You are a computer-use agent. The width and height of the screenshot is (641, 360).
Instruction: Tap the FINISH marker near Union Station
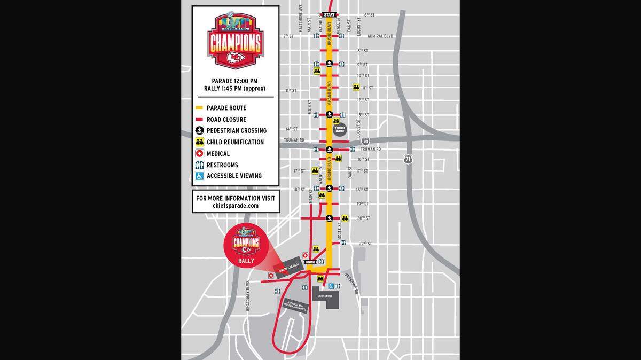(x=310, y=262)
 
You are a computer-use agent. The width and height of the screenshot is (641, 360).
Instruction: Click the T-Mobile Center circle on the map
(x=340, y=129)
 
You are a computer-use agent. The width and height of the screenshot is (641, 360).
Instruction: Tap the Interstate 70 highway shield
(x=365, y=142)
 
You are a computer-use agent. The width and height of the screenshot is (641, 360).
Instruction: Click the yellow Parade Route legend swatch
(x=199, y=108)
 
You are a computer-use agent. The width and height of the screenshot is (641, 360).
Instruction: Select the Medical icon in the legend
(x=199, y=154)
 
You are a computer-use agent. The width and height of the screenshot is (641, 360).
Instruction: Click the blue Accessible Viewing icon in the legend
(x=199, y=176)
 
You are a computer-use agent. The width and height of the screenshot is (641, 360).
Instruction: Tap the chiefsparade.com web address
(x=236, y=206)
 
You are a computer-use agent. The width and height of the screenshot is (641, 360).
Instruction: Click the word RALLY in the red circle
(x=246, y=260)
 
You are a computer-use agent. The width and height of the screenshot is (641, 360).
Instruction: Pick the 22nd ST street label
(x=365, y=244)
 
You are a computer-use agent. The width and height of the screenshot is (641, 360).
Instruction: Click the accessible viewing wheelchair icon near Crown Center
(x=331, y=286)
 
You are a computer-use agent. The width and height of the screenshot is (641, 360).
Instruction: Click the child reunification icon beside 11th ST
(x=356, y=87)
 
